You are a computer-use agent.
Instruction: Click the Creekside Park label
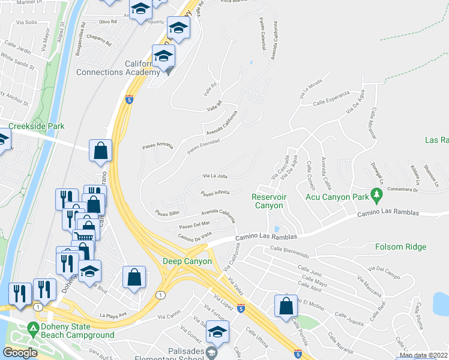point(36,127)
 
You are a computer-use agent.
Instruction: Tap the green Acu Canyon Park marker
point(377,194)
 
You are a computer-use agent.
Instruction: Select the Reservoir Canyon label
point(267,201)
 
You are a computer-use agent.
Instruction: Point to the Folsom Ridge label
point(400,247)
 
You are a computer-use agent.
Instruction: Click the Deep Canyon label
point(187,262)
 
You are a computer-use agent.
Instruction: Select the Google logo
point(20,353)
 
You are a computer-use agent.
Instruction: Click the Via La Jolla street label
point(214,176)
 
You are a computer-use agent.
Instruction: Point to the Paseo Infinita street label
point(215,193)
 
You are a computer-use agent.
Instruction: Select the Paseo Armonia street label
point(157,146)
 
